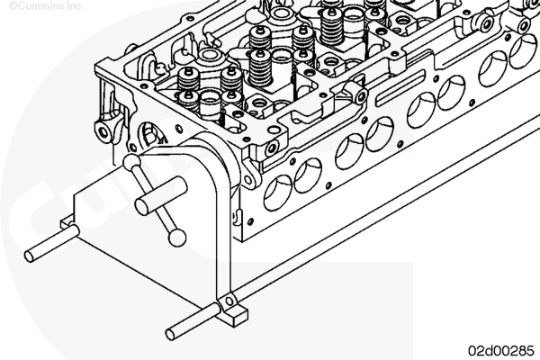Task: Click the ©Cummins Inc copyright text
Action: tap(45, 6)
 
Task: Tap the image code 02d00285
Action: tap(500, 350)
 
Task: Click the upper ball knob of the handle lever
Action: tap(132, 162)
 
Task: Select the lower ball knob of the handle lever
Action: tap(177, 238)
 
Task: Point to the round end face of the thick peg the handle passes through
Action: tap(142, 207)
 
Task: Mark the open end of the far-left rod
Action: tap(30, 256)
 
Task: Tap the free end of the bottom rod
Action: tap(170, 335)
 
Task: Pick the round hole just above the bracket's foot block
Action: tap(229, 301)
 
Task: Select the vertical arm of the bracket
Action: tap(223, 241)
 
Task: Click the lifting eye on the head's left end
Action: tap(104, 130)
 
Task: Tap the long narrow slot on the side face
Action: tap(400, 88)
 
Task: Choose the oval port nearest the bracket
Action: tap(277, 193)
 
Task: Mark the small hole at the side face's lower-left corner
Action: tap(250, 221)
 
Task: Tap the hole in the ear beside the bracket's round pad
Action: tap(248, 180)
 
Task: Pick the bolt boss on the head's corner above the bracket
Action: tap(271, 148)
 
